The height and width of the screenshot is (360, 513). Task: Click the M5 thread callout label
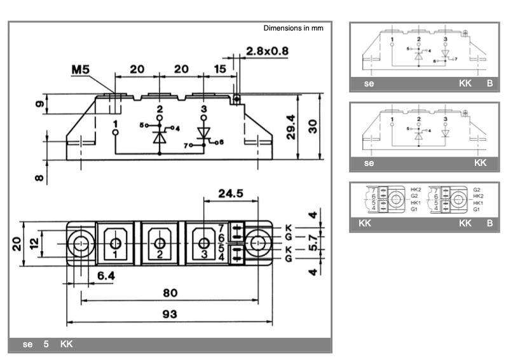(80, 69)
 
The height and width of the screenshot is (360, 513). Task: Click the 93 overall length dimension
(170, 314)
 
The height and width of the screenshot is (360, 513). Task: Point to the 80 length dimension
(170, 293)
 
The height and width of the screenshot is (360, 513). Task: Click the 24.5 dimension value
(231, 193)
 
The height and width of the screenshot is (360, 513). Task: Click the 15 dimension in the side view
(221, 69)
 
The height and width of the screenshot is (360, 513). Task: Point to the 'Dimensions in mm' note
(293, 29)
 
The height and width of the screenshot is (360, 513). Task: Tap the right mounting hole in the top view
(257, 243)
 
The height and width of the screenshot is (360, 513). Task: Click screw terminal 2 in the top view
(160, 243)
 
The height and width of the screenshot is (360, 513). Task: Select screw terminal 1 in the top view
(115, 243)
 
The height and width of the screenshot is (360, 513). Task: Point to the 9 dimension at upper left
(39, 104)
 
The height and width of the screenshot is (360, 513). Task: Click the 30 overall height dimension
(313, 126)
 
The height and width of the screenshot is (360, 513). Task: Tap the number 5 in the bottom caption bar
(46, 345)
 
